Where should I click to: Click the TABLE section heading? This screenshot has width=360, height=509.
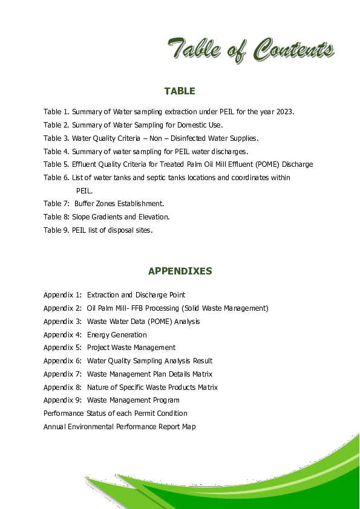[x=180, y=91]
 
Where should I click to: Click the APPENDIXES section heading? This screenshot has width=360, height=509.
[x=180, y=271]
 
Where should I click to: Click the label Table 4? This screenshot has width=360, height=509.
[x=56, y=152]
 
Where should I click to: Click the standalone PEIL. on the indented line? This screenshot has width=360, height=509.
[x=84, y=191]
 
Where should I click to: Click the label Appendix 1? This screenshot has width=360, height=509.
[x=62, y=295]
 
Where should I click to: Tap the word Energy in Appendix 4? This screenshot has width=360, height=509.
[x=97, y=335]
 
